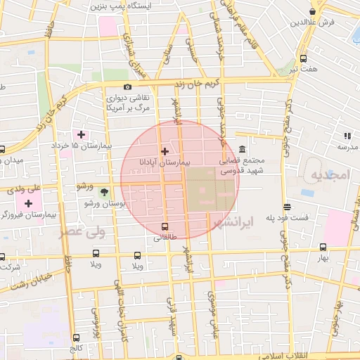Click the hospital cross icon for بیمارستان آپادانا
[x=165, y=151]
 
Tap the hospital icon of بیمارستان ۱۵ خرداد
[x=81, y=134]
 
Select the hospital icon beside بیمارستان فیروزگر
[x=29, y=203]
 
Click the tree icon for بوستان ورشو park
[x=104, y=192]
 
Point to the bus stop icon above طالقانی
[x=165, y=226]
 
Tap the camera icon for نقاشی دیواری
[x=127, y=86]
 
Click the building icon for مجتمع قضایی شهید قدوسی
[x=243, y=150]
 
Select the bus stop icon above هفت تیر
[x=303, y=59]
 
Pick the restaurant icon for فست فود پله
[x=287, y=207]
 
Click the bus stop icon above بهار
[x=323, y=247]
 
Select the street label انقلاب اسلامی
[x=307, y=356]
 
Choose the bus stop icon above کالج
[x=77, y=337]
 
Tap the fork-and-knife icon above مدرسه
[x=347, y=135]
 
